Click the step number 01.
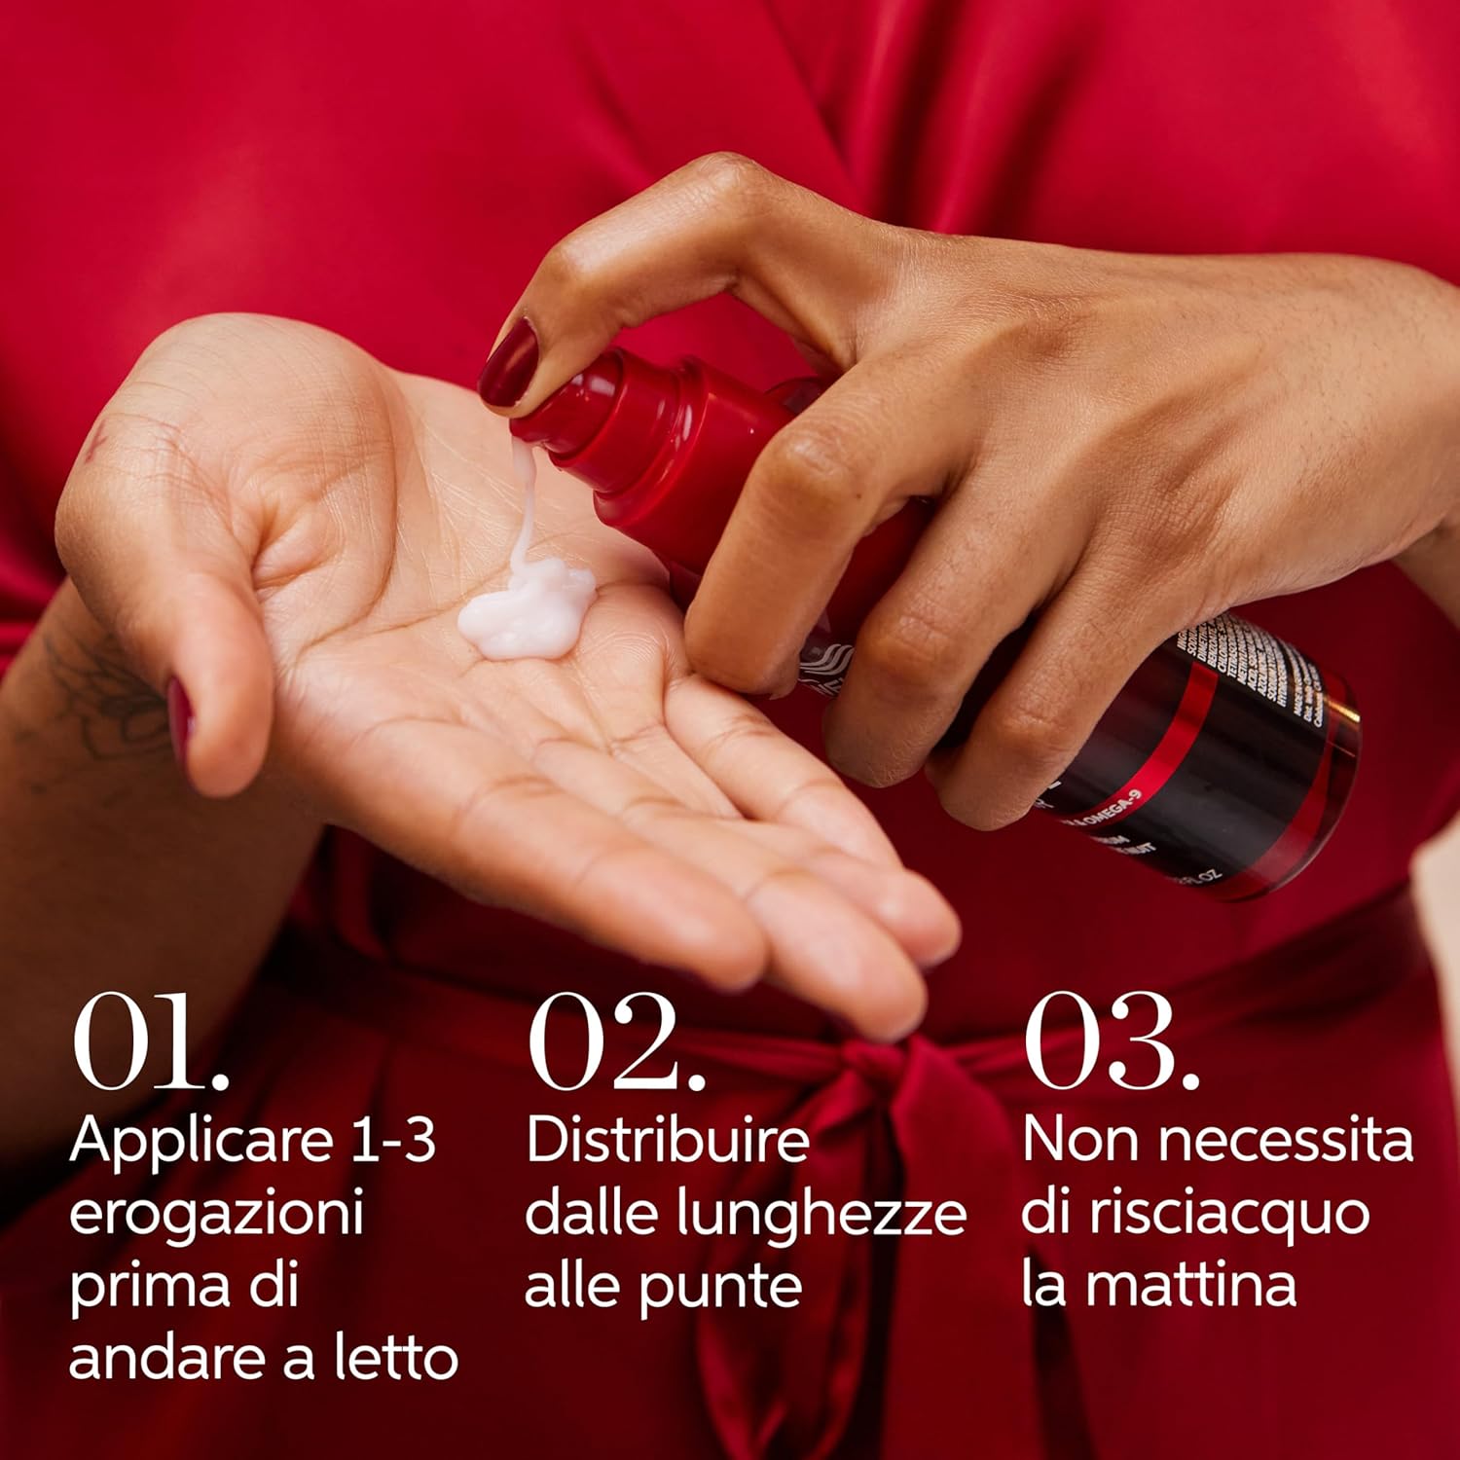pos(151,1041)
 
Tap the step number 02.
pos(616,1041)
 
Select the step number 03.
pos(1111,1041)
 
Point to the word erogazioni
pos(216,1214)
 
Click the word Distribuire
pos(667,1141)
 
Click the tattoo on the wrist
pos(92,696)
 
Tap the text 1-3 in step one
pos(393,1139)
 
